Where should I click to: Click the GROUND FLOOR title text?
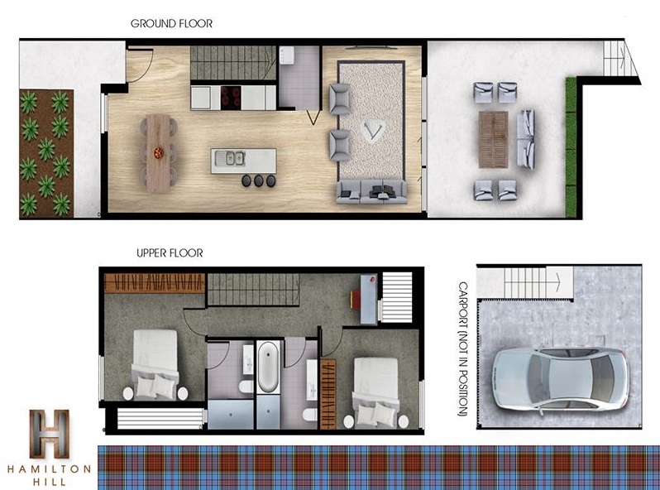click(171, 24)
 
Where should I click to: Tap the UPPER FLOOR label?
click(170, 253)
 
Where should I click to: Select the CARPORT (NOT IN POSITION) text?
click(463, 349)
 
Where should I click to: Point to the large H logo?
click(50, 434)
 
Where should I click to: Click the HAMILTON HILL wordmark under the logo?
click(50, 475)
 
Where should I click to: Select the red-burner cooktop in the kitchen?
click(231, 98)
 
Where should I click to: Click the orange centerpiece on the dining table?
click(158, 152)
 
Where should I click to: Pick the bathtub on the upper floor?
click(268, 367)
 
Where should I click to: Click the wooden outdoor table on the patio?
click(493, 139)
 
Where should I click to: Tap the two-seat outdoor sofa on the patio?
click(526, 139)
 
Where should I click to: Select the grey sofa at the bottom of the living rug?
click(371, 192)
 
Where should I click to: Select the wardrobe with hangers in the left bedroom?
click(155, 283)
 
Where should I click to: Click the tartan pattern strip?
click(379, 468)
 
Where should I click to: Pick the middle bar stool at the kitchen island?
click(258, 180)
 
